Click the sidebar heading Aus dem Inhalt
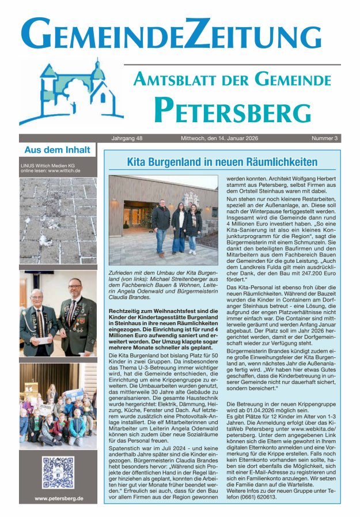[x=57, y=150]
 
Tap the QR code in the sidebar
[x=58, y=472]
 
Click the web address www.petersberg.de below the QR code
[x=59, y=498]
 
